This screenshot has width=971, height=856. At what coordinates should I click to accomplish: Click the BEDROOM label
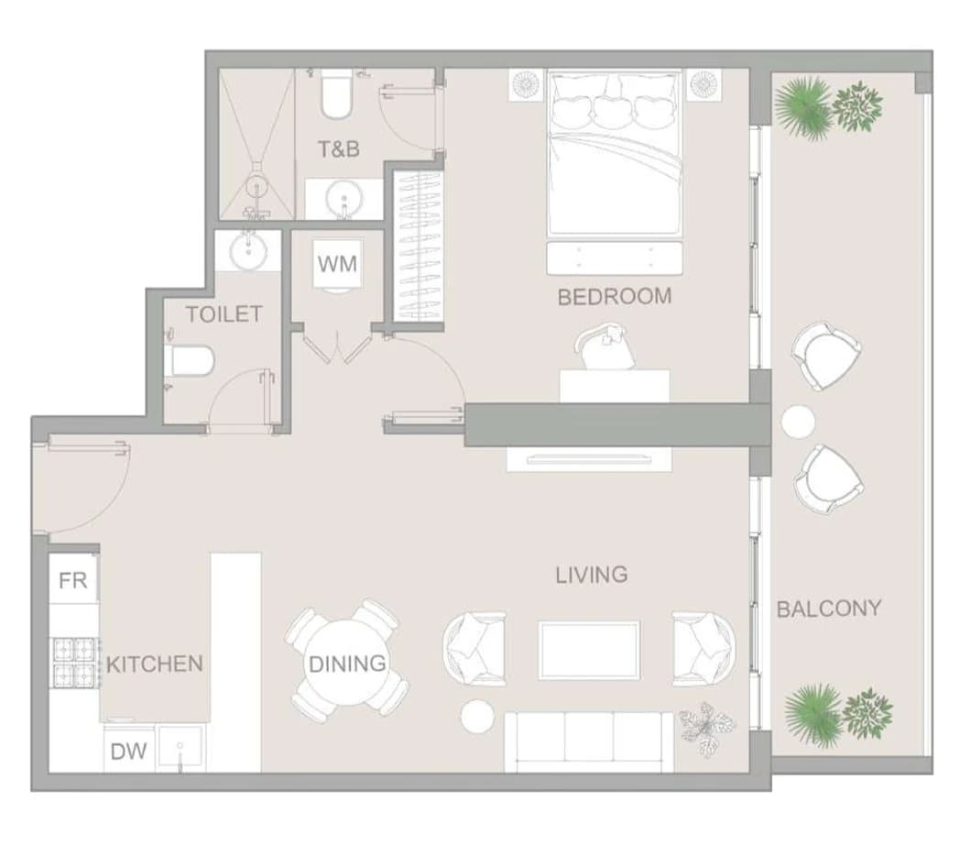615,297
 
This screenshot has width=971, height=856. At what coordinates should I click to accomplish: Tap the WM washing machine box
337,265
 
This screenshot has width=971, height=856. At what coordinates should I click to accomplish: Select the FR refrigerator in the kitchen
73,580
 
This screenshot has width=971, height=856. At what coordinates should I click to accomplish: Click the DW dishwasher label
129,752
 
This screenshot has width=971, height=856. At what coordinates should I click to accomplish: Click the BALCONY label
829,609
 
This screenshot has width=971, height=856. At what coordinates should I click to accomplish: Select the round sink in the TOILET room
249,250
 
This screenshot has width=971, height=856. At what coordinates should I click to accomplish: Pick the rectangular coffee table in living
589,651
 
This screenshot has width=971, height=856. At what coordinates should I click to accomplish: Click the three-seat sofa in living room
589,742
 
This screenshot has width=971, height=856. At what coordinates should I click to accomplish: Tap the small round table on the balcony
798,422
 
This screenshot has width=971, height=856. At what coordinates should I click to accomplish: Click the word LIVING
592,576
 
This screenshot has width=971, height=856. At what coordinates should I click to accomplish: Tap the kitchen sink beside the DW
180,748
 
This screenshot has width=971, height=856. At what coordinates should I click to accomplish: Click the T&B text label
339,148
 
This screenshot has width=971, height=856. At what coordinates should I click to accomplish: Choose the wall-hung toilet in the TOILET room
191,361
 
